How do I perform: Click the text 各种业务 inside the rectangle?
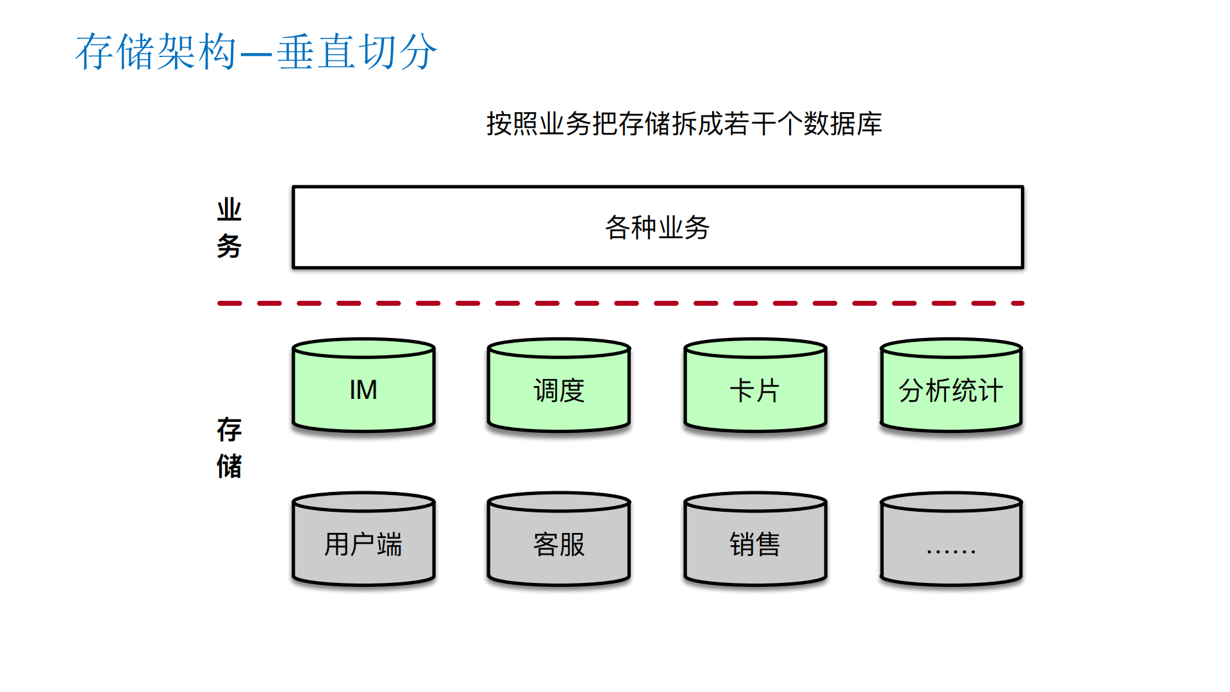coord(657,228)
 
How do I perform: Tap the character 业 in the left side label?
coord(229,210)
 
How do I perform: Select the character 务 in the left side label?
coord(229,246)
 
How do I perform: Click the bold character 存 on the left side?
coord(229,430)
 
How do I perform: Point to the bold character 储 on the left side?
coord(229,466)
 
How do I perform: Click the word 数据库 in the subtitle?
coord(843,124)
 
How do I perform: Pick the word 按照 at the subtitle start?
coord(512,124)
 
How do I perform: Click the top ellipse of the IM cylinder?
coord(363,348)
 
